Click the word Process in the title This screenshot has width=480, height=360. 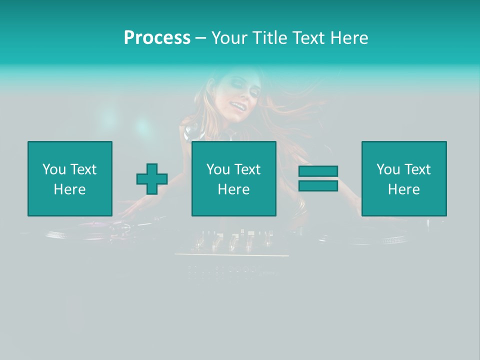tap(157, 38)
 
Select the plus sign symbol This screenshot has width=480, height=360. tap(152, 179)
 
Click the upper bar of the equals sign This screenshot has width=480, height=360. tap(318, 171)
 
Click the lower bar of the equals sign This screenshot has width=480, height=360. tap(318, 185)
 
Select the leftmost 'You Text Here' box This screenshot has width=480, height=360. tap(70, 178)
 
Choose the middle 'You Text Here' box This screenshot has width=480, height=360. tap(234, 178)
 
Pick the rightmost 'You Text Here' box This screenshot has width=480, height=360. tap(404, 178)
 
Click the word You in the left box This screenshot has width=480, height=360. tap(53, 169)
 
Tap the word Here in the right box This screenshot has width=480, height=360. tap(404, 189)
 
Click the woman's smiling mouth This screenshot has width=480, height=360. tap(236, 106)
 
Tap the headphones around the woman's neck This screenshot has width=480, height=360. tap(192, 133)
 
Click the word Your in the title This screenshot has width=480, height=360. tap(230, 38)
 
